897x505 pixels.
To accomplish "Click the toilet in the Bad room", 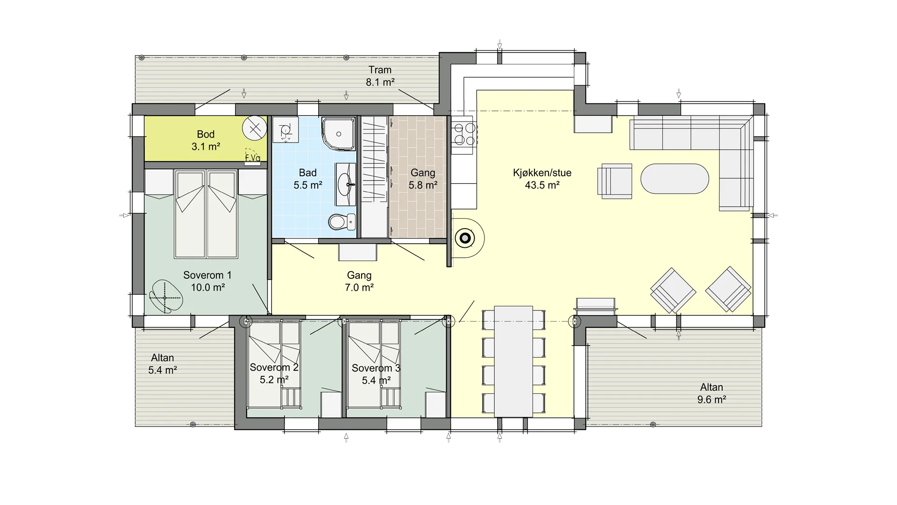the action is point(342,222).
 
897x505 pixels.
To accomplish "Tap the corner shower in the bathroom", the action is point(338,134).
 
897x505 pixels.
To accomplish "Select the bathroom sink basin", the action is point(346,184).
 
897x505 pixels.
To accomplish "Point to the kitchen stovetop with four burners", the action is point(463,134).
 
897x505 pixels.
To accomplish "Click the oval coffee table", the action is point(675,179).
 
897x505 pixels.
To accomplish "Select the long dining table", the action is point(513,361).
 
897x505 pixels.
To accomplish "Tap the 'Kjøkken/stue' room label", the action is point(542,173).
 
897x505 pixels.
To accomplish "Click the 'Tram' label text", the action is point(380,70).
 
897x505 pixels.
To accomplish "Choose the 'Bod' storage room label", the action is point(206,134).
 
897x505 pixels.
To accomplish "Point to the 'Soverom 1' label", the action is point(207,275).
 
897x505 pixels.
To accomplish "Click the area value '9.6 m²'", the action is point(712,399).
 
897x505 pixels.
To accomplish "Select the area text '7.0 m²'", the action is point(359,288).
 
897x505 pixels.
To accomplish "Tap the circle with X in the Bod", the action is point(255,128).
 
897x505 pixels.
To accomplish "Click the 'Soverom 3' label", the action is point(376,368).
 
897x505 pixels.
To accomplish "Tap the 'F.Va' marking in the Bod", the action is point(253,158).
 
